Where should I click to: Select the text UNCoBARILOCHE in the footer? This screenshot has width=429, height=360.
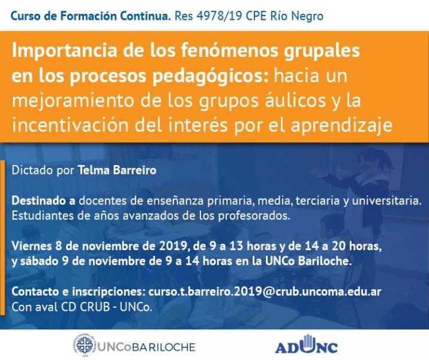coord(144,347)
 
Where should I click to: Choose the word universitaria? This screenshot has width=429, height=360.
coord(388,199)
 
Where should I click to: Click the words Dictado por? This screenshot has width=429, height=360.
coord(43,170)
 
